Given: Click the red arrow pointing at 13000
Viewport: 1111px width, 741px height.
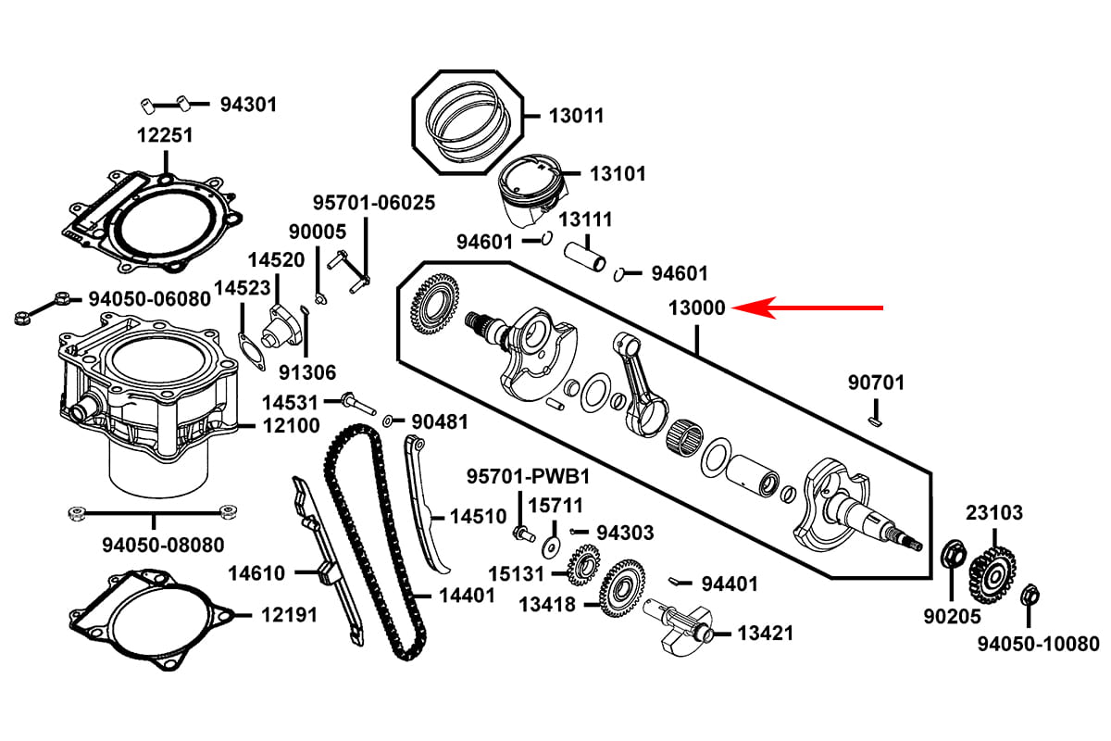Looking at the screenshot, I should click(x=815, y=308).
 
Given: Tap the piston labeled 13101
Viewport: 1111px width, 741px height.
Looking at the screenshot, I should click(x=531, y=191).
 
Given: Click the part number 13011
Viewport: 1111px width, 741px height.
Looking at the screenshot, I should click(x=575, y=116).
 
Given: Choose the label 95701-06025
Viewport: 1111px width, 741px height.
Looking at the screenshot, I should click(x=373, y=202).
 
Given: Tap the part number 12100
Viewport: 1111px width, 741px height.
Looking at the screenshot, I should click(x=291, y=426).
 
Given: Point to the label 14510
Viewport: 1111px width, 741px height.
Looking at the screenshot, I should click(x=478, y=516).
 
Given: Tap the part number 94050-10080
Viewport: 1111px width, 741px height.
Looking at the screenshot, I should click(x=1038, y=644).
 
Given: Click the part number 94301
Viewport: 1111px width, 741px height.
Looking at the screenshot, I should click(x=248, y=105).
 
